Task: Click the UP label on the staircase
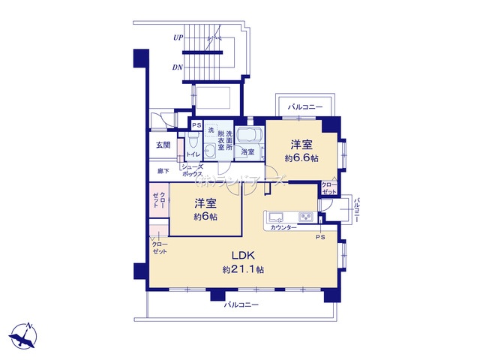click(178, 37)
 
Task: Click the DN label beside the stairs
click(178, 67)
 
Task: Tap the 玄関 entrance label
click(163, 144)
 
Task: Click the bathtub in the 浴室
click(250, 136)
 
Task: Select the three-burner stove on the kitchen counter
click(307, 217)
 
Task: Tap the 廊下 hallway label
click(162, 171)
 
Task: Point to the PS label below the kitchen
click(320, 238)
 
